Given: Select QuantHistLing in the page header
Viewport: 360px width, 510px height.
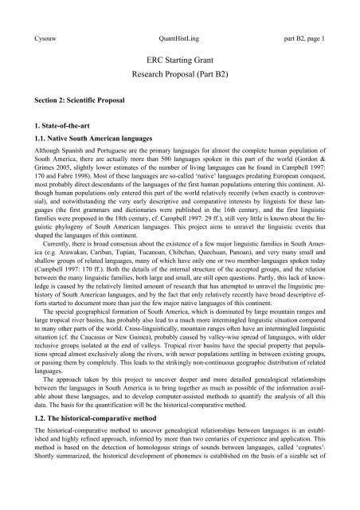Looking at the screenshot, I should pos(179,14).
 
